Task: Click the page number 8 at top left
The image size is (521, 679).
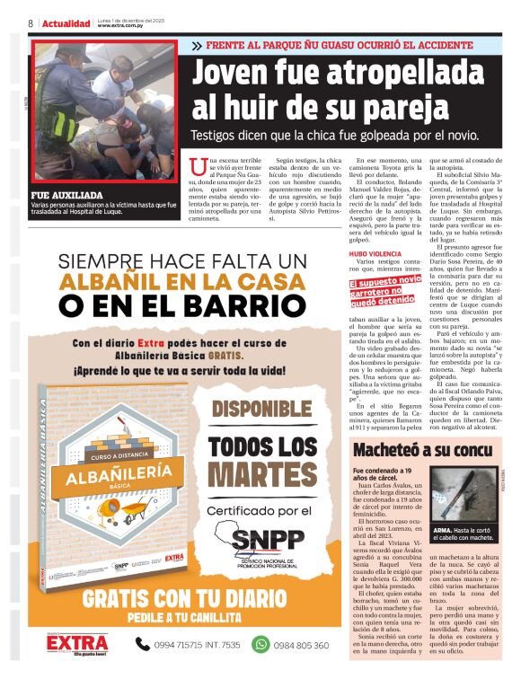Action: coord(31,22)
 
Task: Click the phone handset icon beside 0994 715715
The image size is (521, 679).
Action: coord(143,643)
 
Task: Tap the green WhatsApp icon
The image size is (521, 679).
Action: coord(260,643)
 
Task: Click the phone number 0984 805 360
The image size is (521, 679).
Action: coord(302,644)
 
